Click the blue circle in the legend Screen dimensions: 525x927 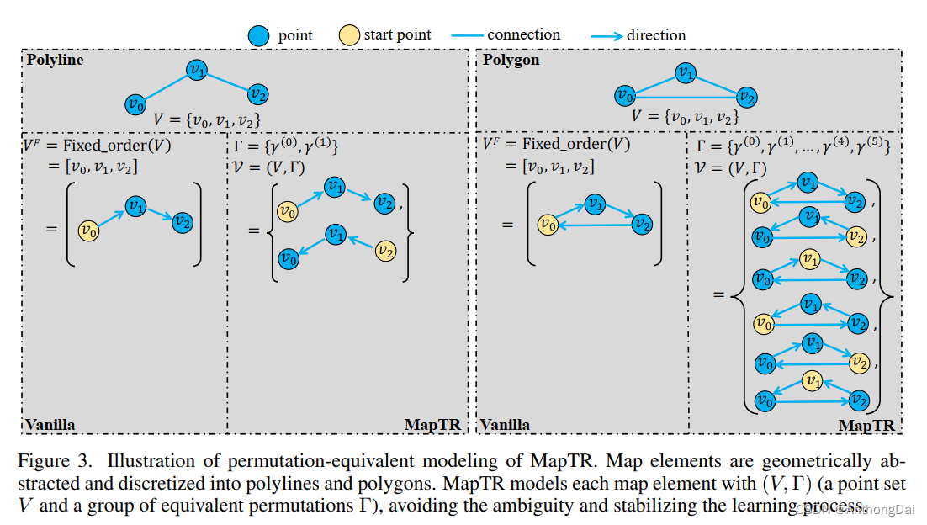260,35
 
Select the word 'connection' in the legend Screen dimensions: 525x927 523,35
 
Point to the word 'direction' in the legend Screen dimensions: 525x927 656,35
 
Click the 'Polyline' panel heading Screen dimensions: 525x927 56,61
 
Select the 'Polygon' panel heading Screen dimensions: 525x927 511,61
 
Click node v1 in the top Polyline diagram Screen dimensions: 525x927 197,71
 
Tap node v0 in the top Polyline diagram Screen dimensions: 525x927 135,104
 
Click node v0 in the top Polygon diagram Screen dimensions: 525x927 623,95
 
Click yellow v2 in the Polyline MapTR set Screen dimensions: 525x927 385,250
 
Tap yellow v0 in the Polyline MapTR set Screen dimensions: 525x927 288,209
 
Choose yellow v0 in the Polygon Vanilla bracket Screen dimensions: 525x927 548,224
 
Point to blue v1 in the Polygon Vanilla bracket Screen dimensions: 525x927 595,204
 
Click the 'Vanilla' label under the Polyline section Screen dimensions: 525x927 50,425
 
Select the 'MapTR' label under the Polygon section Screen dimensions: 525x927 866,426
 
